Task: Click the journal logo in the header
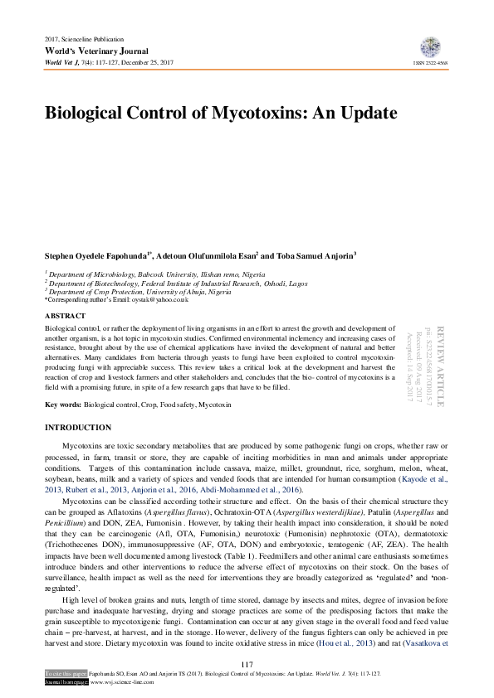pos(431,47)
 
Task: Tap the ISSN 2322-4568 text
pos(431,64)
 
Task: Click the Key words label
pos(63,405)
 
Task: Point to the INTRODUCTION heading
pos(77,428)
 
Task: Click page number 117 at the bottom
pos(247,665)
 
